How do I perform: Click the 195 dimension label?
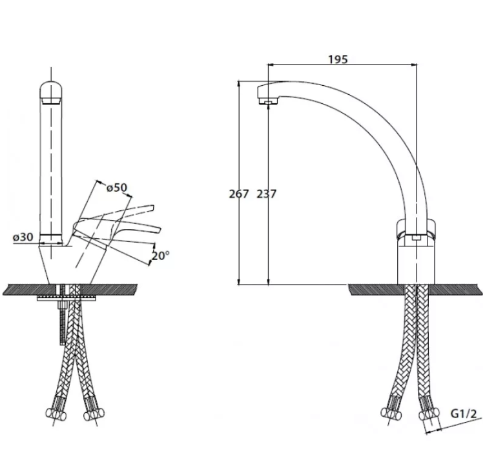tap(338, 59)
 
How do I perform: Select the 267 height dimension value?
tap(239, 194)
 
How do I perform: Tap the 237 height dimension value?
tap(266, 194)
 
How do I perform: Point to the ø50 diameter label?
tap(117, 188)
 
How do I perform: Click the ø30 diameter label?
tap(23, 237)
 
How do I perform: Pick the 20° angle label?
tap(161, 256)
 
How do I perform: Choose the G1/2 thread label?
tap(464, 414)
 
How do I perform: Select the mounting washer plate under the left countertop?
tap(66, 298)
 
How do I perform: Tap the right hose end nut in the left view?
tap(94, 414)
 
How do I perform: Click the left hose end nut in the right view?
tap(391, 413)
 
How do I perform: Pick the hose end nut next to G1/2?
tap(429, 414)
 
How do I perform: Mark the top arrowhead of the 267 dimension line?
tap(238, 83)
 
